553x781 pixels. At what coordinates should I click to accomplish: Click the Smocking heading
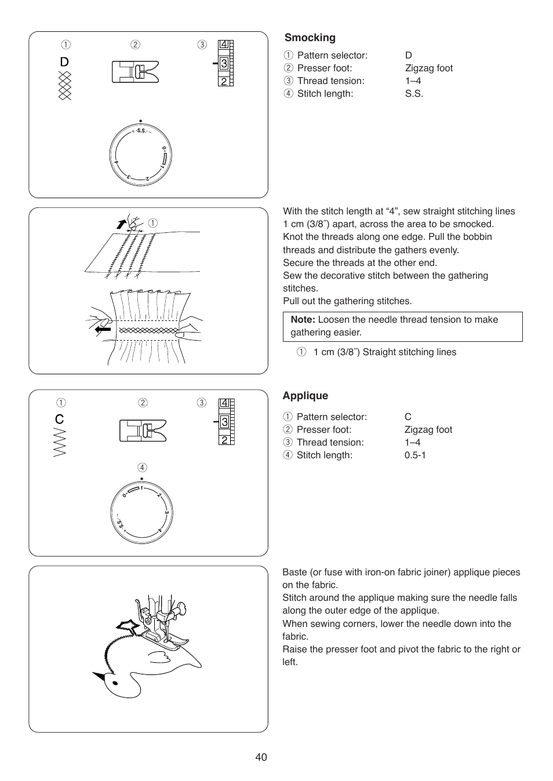(x=310, y=38)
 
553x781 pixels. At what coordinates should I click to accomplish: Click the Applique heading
(x=305, y=396)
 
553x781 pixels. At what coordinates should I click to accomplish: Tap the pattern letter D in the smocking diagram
(x=64, y=62)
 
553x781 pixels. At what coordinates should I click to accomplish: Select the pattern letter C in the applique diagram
(x=60, y=419)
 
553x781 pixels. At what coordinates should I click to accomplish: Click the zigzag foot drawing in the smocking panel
(x=135, y=72)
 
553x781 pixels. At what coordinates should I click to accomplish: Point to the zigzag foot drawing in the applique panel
(x=143, y=430)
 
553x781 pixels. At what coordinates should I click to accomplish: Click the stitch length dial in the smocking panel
(x=141, y=155)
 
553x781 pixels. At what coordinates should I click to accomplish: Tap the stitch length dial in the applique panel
(x=141, y=513)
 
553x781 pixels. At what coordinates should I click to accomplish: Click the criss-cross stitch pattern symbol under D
(x=65, y=86)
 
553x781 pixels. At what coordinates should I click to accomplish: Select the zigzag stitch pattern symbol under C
(x=60, y=443)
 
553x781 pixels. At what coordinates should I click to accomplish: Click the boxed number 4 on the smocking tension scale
(x=224, y=45)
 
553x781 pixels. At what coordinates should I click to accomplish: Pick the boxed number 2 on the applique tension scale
(x=224, y=440)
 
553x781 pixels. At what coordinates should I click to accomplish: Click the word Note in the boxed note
(x=303, y=320)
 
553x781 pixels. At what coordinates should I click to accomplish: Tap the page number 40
(x=261, y=757)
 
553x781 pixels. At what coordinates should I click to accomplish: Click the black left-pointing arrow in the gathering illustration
(x=103, y=329)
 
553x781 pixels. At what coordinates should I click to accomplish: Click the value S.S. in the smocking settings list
(x=414, y=94)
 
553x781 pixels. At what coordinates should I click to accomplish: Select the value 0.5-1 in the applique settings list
(x=415, y=455)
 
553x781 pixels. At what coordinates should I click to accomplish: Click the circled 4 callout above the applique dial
(x=142, y=468)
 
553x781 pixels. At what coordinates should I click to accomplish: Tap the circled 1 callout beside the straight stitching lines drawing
(x=153, y=223)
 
